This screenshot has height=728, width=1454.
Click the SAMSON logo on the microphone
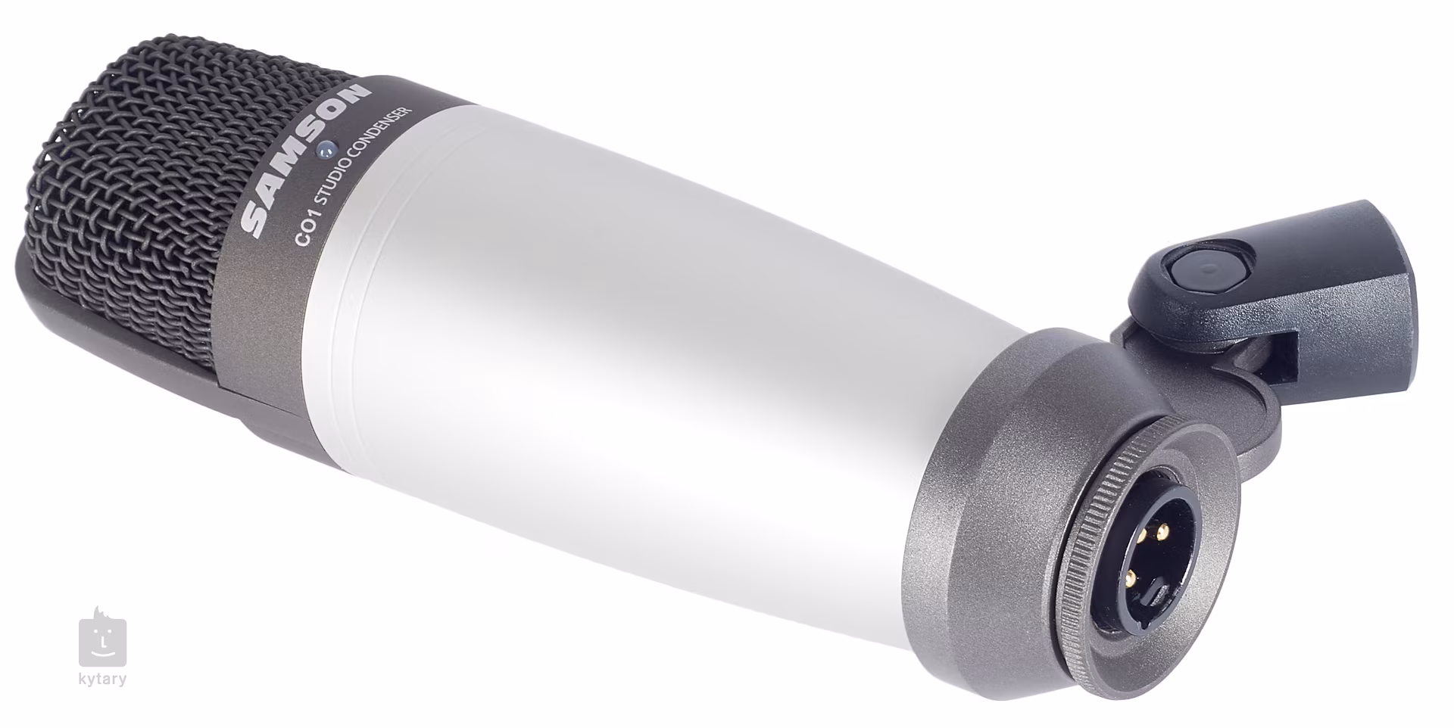pos(307,159)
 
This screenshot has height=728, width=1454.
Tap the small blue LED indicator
pos(326,151)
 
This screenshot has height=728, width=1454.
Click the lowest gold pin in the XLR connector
pos(1131,578)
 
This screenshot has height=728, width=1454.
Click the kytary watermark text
pos(102,679)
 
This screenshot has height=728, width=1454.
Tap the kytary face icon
pos(102,639)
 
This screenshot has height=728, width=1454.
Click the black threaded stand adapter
pos(1356,295)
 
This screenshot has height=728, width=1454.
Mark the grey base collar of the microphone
pos(984,469)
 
